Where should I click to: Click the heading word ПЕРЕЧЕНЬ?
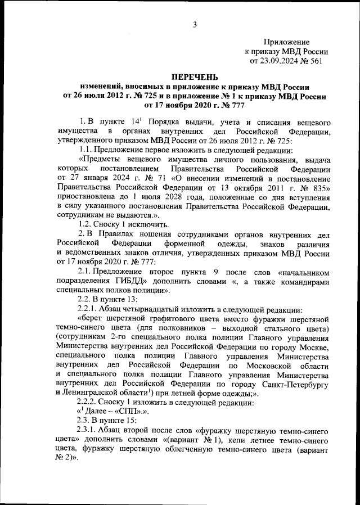(194, 76)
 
